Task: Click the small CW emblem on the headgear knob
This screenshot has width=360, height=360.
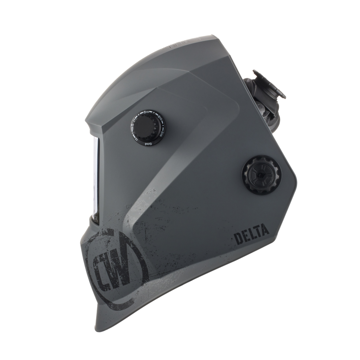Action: (261, 175)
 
